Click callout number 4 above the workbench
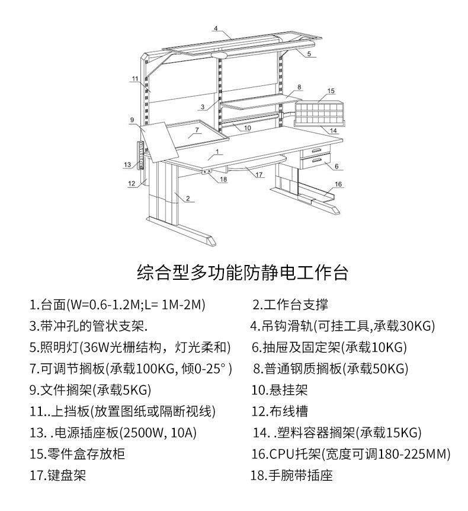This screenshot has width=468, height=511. (216, 28)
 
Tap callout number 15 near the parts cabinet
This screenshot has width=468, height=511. (331, 91)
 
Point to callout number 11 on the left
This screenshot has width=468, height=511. (135, 78)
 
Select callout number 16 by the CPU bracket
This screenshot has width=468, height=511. (338, 184)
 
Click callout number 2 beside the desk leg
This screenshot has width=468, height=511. (187, 198)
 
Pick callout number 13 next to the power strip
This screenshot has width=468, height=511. (127, 164)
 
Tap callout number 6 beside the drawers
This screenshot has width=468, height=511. (336, 166)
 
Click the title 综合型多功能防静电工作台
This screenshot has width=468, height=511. (242, 273)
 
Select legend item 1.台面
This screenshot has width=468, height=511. (117, 305)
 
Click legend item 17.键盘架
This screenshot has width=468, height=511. (58, 475)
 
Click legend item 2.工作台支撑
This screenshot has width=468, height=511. (290, 305)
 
